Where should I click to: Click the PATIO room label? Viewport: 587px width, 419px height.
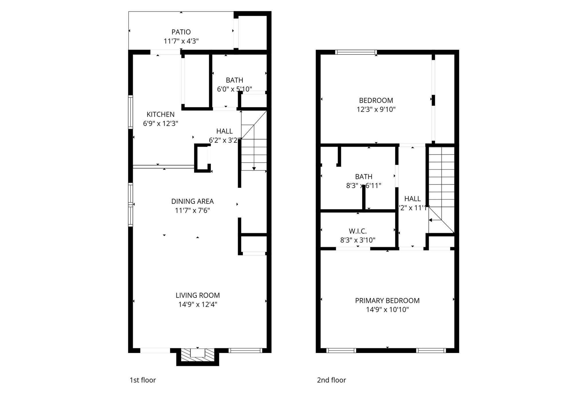point(181,32)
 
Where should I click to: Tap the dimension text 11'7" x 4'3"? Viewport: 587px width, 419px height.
point(181,41)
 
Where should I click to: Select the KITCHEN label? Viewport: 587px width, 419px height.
point(161,115)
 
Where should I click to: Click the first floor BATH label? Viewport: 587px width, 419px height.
point(234,80)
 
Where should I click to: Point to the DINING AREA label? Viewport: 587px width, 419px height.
point(192,201)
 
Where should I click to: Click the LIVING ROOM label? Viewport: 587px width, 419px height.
point(197,295)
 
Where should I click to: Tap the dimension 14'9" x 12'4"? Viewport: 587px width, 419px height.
point(197,304)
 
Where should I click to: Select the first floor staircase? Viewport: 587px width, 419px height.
point(254,149)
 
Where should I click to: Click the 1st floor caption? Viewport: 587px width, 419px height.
point(143,380)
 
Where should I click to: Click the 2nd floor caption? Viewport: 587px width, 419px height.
point(331,380)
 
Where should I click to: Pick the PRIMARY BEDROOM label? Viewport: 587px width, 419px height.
point(387,300)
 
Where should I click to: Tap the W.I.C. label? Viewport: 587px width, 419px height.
point(357,231)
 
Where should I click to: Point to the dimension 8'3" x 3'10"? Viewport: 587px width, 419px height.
point(357,240)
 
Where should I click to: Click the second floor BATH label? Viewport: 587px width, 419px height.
point(363,176)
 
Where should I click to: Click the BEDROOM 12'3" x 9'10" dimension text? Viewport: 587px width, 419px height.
point(376,109)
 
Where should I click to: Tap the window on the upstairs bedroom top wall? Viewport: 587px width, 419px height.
point(356,52)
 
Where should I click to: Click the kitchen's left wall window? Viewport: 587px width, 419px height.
point(130,112)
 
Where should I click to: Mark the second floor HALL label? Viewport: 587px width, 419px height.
point(412,199)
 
